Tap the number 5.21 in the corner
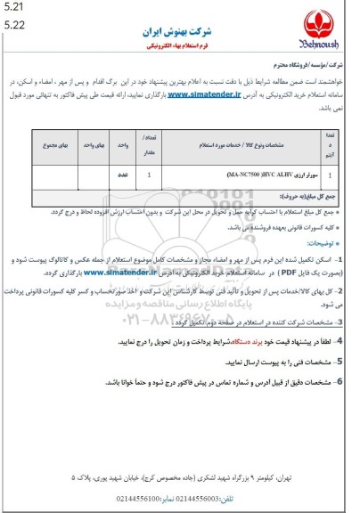[12, 8]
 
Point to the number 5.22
[12, 24]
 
